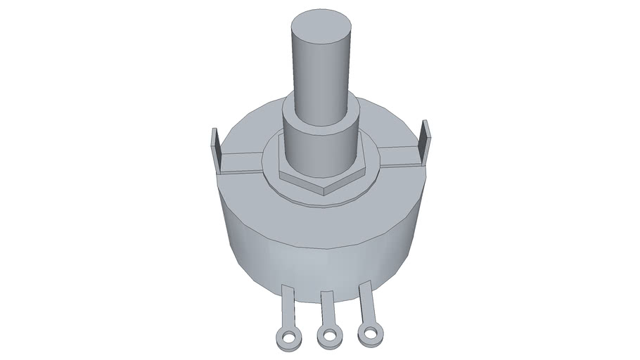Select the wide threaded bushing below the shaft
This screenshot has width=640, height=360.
(320, 148)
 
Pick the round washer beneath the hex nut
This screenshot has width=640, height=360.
(320, 199)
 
